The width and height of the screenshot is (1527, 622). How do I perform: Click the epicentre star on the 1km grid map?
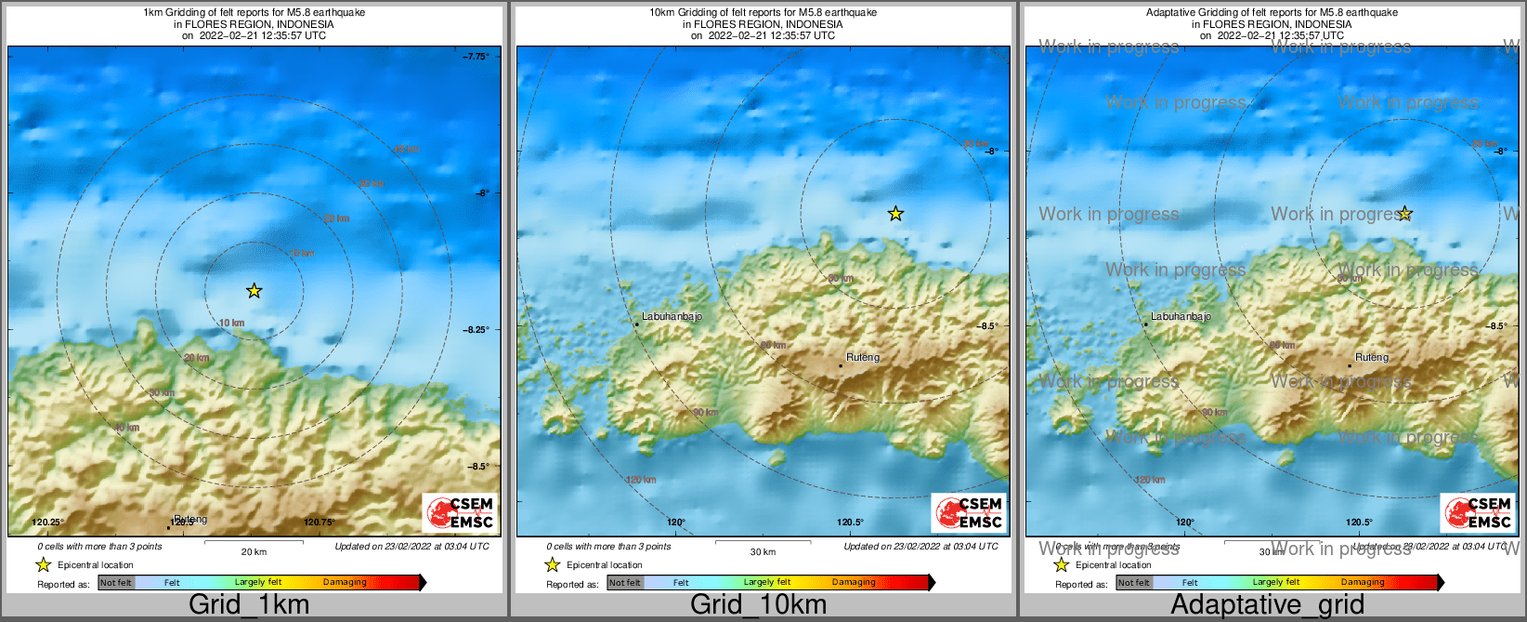click(x=254, y=291)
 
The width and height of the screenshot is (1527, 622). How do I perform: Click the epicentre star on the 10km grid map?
click(x=895, y=214)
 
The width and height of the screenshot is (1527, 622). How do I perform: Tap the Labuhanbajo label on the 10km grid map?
click(x=672, y=316)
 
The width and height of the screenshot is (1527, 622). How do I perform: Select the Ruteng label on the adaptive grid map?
click(x=1372, y=357)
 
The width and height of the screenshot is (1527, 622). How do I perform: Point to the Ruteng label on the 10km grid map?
click(x=863, y=357)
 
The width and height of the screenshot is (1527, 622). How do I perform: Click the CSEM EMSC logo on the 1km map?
click(x=460, y=512)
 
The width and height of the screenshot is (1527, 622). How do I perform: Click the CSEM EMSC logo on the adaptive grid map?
click(x=1478, y=512)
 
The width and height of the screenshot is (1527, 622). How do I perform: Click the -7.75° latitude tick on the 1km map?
click(x=477, y=57)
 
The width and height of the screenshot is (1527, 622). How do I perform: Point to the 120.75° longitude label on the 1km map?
click(x=320, y=523)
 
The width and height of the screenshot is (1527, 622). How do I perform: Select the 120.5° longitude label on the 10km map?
click(x=850, y=523)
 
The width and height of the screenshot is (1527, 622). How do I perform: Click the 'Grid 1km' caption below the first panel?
click(x=248, y=604)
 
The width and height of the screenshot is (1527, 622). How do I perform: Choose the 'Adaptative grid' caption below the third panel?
click(x=1267, y=604)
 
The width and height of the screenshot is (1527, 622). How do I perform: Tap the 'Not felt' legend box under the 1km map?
click(x=116, y=583)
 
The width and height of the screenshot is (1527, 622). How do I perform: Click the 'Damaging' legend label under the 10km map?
click(x=854, y=582)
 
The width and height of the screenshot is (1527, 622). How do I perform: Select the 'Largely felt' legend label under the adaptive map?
click(x=1276, y=582)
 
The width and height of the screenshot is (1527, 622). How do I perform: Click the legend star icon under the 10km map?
click(x=553, y=564)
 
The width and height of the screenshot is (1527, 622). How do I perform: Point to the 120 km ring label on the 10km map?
click(x=641, y=480)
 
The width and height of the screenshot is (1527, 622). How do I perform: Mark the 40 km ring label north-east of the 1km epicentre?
click(x=406, y=149)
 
